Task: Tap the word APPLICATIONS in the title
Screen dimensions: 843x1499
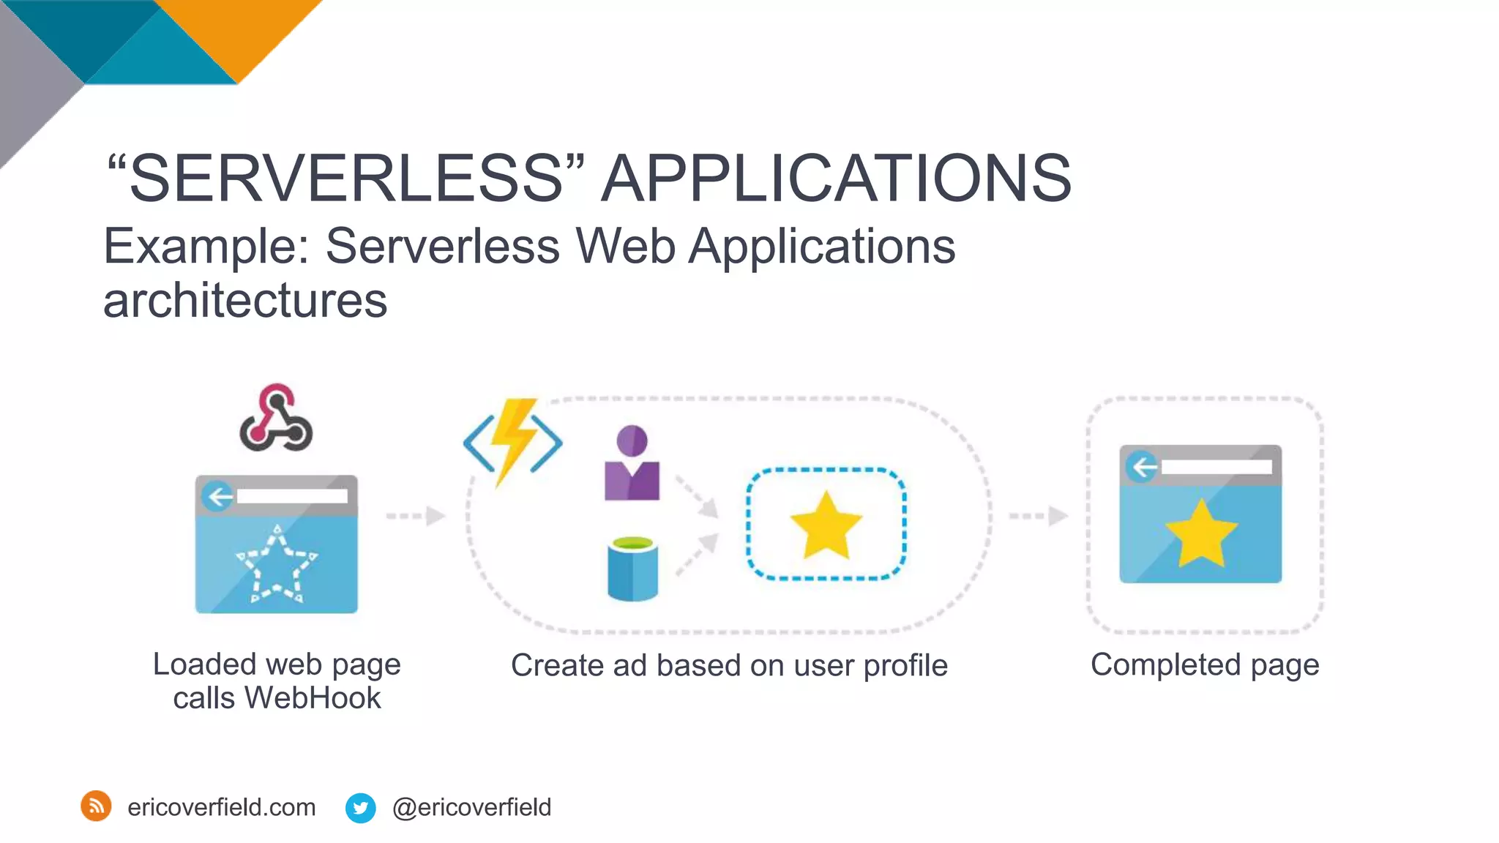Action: tap(836, 179)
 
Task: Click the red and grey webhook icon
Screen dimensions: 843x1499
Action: tap(276, 418)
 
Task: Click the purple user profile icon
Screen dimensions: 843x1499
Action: tap(632, 463)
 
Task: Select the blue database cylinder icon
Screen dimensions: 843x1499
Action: tap(632, 569)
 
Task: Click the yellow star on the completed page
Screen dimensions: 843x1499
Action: tap(1200, 533)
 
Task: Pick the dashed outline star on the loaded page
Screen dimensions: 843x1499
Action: tap(276, 564)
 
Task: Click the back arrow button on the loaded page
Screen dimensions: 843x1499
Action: tap(218, 497)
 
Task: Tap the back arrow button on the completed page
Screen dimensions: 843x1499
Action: tap(1143, 466)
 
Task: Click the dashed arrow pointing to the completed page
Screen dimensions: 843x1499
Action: tap(1039, 516)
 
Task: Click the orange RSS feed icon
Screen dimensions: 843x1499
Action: tap(96, 806)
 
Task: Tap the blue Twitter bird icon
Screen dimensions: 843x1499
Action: tap(360, 808)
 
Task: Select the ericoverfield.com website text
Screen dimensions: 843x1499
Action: tap(221, 807)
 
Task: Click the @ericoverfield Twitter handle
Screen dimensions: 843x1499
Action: tap(471, 807)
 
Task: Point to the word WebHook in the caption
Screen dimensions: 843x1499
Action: tap(313, 698)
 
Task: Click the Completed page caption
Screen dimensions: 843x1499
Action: tap(1205, 665)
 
